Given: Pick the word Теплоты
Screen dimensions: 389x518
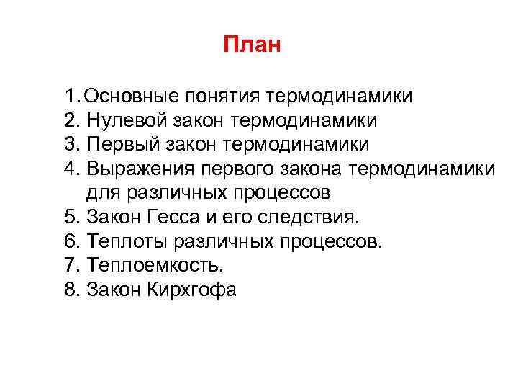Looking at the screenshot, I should click(x=121, y=242).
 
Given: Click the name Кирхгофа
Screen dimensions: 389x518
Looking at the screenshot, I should click(x=194, y=291).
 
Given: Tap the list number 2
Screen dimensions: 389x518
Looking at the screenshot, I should click(x=69, y=120).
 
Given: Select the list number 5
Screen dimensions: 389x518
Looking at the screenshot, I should click(x=69, y=218).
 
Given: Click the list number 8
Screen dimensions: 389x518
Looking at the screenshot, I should click(x=69, y=291).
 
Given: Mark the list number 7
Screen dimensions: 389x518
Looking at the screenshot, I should click(x=69, y=267).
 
